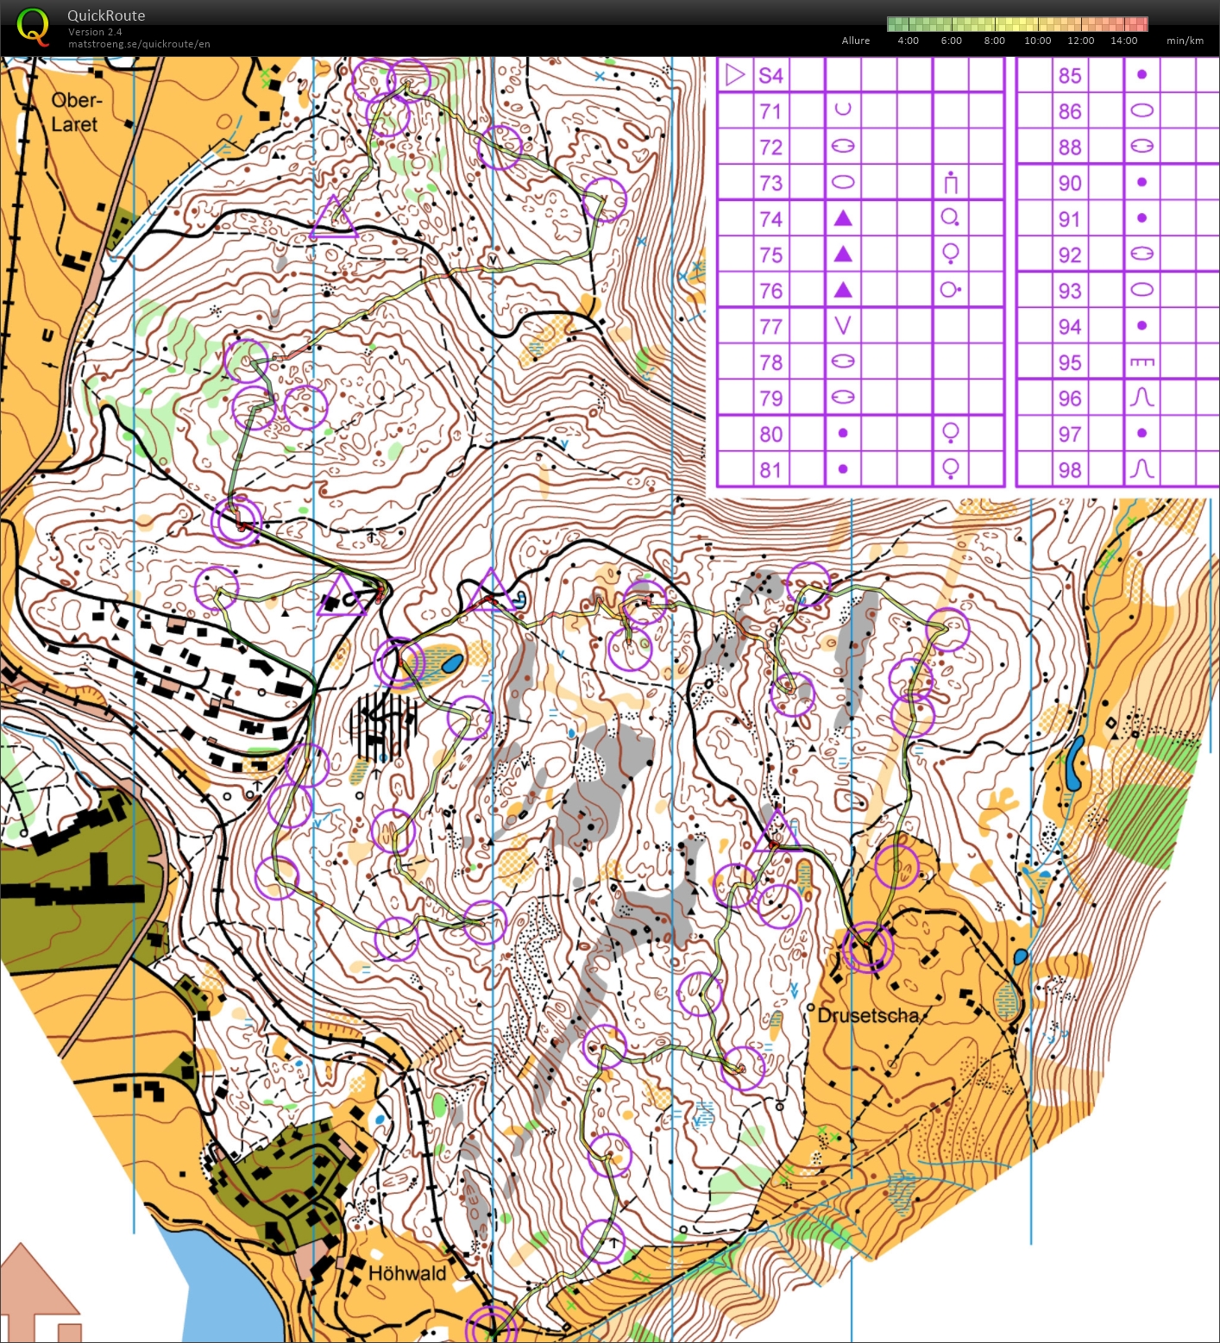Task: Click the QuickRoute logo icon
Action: tap(33, 27)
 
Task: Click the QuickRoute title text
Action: tap(106, 16)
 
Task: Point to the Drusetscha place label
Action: tap(868, 1015)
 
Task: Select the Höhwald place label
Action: tap(407, 1273)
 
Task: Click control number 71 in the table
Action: tap(770, 111)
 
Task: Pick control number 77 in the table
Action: tap(770, 327)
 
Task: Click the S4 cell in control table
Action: tap(770, 76)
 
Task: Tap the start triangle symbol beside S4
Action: tap(735, 75)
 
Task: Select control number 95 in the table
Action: tap(1070, 362)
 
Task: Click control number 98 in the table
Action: tap(1070, 470)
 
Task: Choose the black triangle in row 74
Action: tap(843, 218)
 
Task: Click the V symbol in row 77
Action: tap(843, 326)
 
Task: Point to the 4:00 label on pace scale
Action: tap(908, 41)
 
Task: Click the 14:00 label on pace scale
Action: tap(1123, 41)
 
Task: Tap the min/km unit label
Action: tap(1185, 41)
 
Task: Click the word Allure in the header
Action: tap(856, 41)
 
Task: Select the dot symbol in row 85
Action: tap(1141, 75)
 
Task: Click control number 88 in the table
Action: tap(1070, 147)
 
